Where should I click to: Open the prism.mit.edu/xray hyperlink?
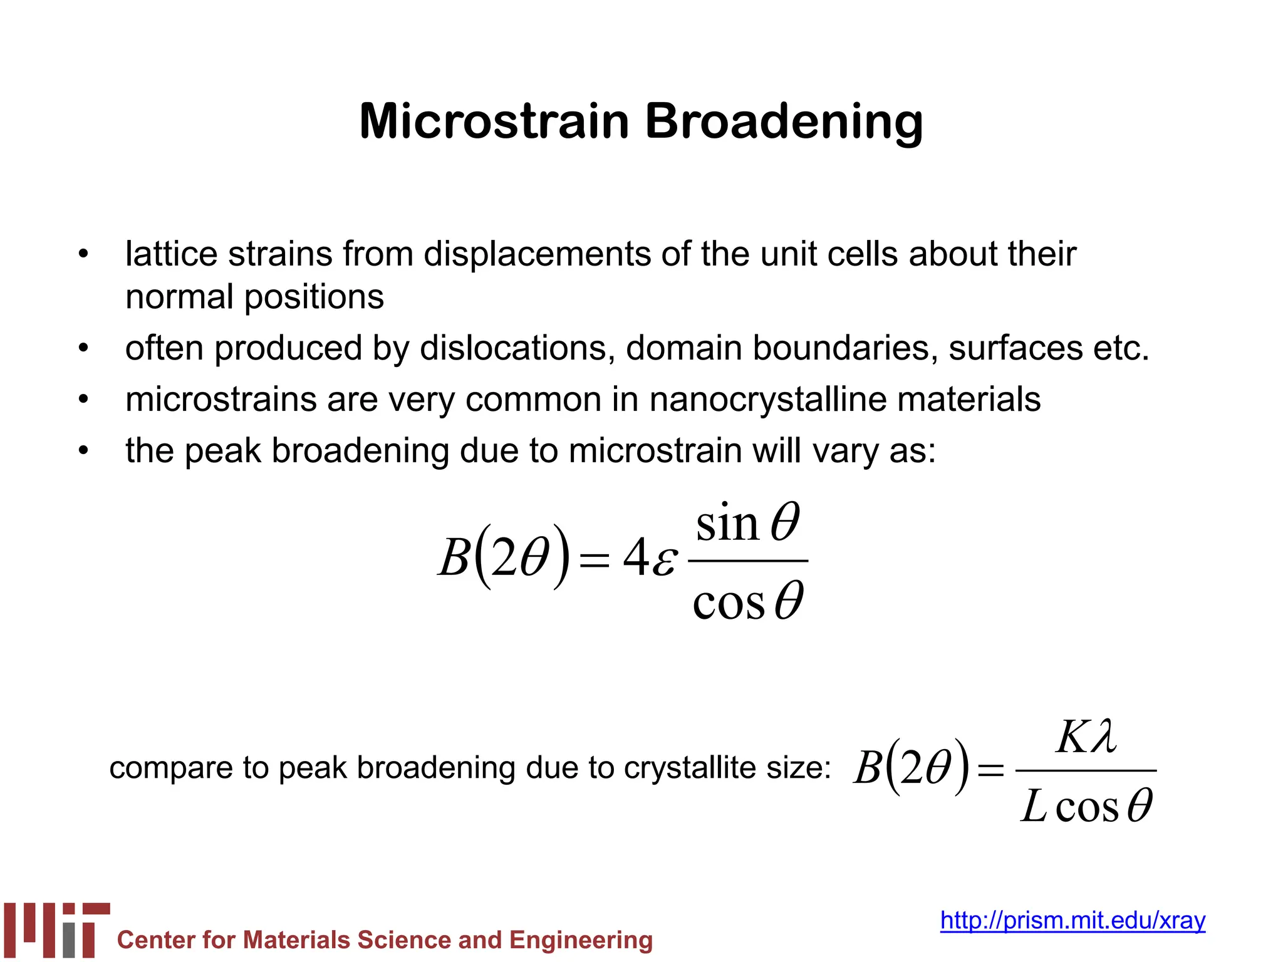(x=1073, y=920)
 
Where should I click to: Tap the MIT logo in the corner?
(x=56, y=929)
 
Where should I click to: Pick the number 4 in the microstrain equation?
(x=635, y=557)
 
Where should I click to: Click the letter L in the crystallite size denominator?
(x=1034, y=806)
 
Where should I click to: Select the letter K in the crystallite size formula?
(x=1072, y=737)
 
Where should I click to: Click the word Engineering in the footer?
(x=581, y=940)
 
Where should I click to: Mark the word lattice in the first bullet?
(x=165, y=254)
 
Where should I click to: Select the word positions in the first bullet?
(x=314, y=297)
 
